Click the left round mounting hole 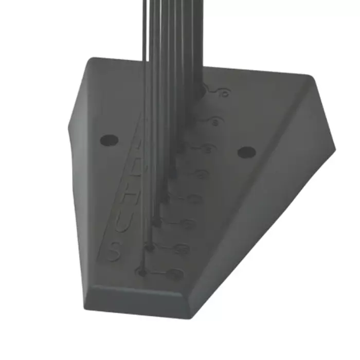[109, 139]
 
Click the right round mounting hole [247, 152]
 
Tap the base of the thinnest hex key [142, 271]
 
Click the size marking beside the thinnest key [175, 274]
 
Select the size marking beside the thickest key [223, 93]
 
